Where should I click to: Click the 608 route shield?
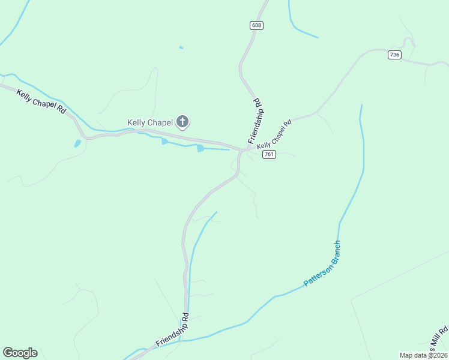pos(257,25)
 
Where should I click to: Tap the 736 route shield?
pos(394,55)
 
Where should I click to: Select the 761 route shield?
pos(269,155)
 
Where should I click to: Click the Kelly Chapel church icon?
pos(183,123)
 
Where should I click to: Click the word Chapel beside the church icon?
pos(160,122)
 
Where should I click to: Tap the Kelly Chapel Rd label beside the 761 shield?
pos(274,134)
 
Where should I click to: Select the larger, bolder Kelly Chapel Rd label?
pos(41,102)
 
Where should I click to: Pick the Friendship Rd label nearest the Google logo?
pos(173,330)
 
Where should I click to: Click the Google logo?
pos(20,353)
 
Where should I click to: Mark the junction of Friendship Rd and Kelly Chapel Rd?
pos(242,149)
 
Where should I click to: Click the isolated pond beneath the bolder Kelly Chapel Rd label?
pos(77,143)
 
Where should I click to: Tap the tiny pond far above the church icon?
pos(181,47)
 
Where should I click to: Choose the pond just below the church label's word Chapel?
pos(164,141)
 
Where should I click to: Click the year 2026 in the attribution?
pos(438,355)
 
